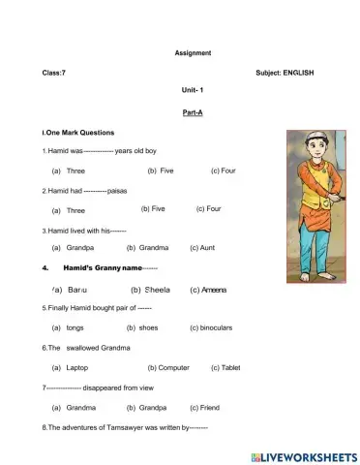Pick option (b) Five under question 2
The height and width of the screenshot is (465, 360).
click(153, 208)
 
